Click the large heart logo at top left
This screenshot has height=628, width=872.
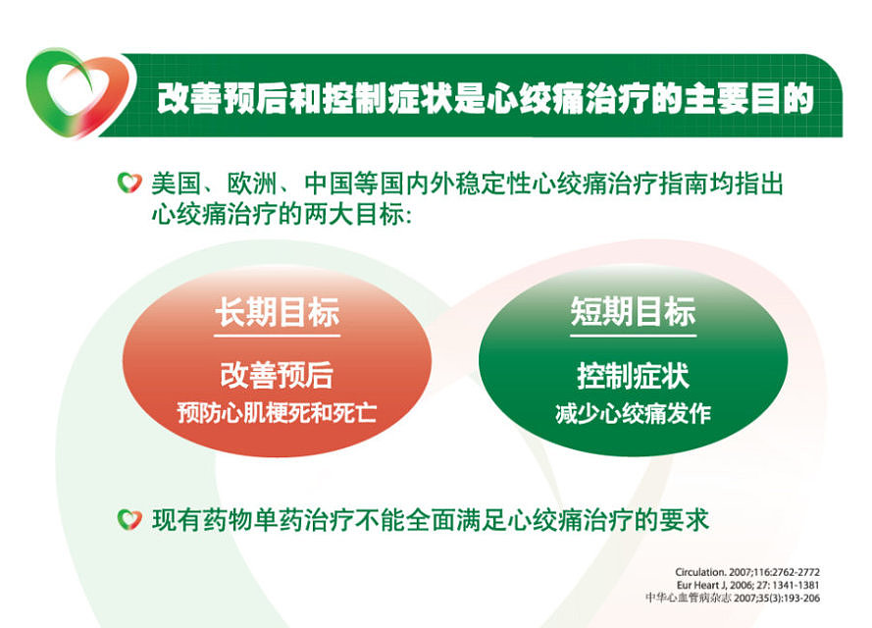pos(69,96)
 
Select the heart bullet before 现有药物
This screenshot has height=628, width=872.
pos(128,519)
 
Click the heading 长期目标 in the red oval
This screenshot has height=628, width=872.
pos(278,313)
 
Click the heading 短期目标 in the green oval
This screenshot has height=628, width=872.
pos(633,313)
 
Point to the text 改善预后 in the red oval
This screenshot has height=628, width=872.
pos(277,375)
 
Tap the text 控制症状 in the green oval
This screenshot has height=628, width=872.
pos(633,375)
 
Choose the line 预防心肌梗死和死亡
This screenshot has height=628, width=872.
pos(277,413)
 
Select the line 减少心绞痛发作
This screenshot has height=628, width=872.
pos(633,413)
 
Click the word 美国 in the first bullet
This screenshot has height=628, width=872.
pos(173,183)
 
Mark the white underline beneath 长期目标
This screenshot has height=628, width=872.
pos(278,337)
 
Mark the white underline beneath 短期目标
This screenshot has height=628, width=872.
pos(633,337)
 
